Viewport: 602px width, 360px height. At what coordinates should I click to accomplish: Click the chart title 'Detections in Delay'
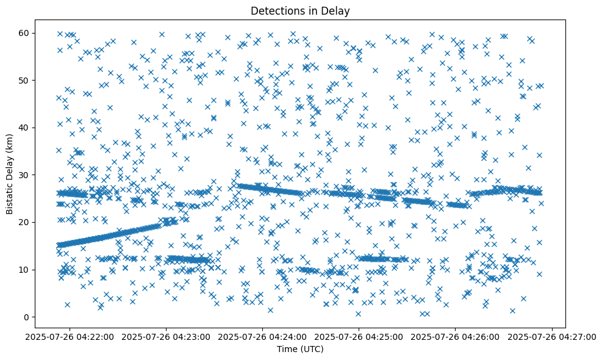[300, 10]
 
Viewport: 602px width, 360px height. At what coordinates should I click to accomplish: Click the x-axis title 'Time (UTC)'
[300, 349]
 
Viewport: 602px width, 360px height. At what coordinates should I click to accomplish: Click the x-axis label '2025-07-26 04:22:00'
[69, 336]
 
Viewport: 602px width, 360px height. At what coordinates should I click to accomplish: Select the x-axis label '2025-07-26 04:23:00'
[165, 336]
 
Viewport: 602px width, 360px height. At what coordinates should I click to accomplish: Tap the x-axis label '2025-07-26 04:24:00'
[262, 336]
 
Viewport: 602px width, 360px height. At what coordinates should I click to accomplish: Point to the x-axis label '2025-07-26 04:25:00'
[359, 336]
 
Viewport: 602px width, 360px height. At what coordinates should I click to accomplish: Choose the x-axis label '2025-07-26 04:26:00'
[456, 336]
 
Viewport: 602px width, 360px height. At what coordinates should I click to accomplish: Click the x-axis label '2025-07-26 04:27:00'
[552, 336]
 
